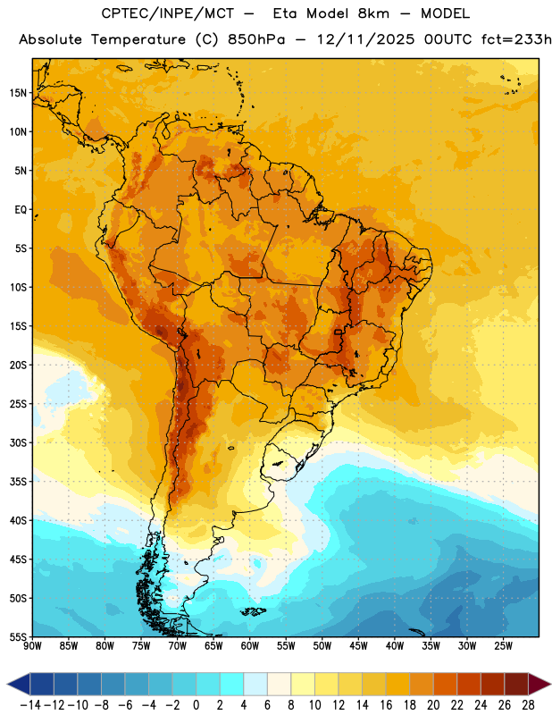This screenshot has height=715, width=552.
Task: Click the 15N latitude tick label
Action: click(18, 93)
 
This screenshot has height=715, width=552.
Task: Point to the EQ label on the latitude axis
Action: click(21, 210)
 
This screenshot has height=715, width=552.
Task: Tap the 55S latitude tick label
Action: click(18, 636)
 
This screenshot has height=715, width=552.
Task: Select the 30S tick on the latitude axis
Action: click(18, 442)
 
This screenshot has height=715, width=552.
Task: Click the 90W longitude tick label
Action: click(32, 646)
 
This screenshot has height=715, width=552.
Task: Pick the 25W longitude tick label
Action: click(503, 646)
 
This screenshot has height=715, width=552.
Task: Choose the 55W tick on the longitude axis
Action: click(286, 646)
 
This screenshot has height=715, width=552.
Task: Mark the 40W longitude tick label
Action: click(395, 646)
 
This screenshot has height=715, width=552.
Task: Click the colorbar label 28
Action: click(528, 705)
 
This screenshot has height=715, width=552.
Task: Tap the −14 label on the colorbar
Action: click(30, 705)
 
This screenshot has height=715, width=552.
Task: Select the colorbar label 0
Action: click(196, 705)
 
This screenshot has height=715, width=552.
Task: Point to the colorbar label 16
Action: click(386, 705)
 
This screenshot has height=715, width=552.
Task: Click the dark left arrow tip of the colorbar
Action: click(8, 684)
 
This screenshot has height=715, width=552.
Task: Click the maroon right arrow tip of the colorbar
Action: click(549, 684)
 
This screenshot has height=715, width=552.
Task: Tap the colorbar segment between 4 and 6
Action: click(255, 684)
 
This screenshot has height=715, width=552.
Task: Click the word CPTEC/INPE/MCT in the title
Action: click(167, 13)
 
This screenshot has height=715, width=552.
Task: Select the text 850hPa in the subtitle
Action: click(256, 39)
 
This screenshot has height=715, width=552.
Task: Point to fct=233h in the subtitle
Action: click(516, 39)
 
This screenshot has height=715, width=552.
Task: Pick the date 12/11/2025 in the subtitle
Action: click(366, 39)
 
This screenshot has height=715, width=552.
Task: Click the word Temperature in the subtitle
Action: click(138, 39)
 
